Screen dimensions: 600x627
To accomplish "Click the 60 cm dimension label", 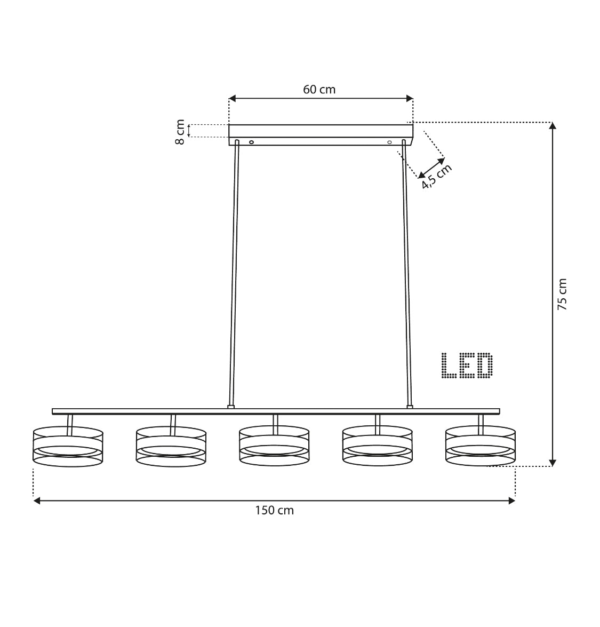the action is [319, 90].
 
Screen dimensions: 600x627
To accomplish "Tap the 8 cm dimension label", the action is [180, 132].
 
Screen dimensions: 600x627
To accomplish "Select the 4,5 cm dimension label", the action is [437, 176].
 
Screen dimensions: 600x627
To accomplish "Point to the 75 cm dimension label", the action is [562, 295].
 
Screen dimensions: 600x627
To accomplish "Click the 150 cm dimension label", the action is [275, 511].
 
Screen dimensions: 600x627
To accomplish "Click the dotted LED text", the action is [467, 366].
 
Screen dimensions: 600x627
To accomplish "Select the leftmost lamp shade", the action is [68, 447].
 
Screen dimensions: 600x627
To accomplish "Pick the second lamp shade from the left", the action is [171, 446].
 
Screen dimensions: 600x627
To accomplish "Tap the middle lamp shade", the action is [274, 446].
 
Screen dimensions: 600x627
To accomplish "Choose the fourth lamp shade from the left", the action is [378, 446].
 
